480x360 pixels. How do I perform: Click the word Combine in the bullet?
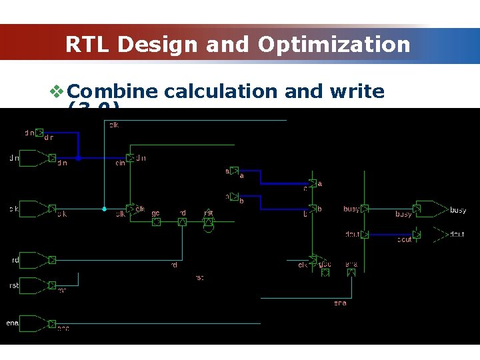click(112, 91)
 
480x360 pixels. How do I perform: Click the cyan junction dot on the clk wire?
click(104, 209)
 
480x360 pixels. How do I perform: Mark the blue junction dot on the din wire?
click(79, 159)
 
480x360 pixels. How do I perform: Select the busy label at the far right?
click(458, 211)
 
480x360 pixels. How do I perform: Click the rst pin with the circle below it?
click(208, 221)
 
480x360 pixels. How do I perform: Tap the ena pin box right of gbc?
click(351, 272)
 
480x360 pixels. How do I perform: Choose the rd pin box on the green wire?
click(182, 222)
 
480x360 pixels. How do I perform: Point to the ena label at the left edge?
click(11, 323)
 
